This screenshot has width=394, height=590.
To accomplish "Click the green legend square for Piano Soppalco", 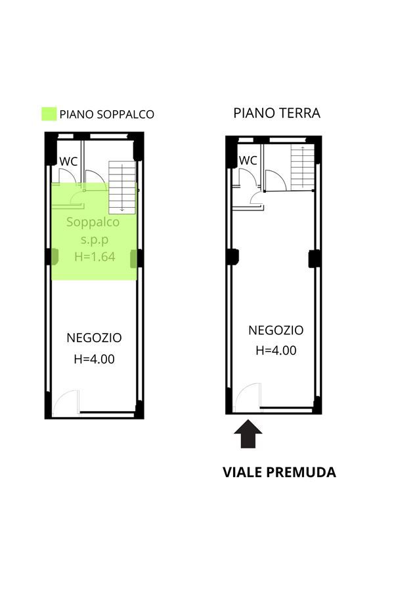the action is coord(49,114).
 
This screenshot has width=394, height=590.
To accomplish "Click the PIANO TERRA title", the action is coord(276,113).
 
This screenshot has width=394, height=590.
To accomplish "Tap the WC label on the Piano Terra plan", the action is coord(248,161).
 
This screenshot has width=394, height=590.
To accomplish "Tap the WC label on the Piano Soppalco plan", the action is coord(68,161).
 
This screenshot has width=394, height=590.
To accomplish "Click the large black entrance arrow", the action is coord(248,435).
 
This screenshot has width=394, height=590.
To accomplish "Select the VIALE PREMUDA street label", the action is coord(279,472).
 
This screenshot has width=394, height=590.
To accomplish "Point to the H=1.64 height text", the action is coord(95,256).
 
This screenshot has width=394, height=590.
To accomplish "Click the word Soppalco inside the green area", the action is coord(93,222).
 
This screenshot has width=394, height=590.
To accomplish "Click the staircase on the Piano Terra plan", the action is coord(302,167).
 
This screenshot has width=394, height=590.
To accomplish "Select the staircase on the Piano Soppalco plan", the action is coord(121,187).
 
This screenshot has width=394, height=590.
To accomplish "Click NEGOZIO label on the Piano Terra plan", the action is coord(276,330).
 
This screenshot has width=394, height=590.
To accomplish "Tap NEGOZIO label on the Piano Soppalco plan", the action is coord(94,338).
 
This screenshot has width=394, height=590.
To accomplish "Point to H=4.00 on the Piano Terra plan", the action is coord(276,350).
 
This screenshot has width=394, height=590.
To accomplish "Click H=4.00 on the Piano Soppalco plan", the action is coord(95,359).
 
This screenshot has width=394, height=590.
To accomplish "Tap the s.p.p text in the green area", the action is coord(95,240).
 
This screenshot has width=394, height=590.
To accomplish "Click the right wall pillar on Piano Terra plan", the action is coord(315,258).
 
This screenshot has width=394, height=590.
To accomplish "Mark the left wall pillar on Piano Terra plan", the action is coord(232,257).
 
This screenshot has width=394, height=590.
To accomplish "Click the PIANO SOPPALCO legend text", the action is coord(106,114).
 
